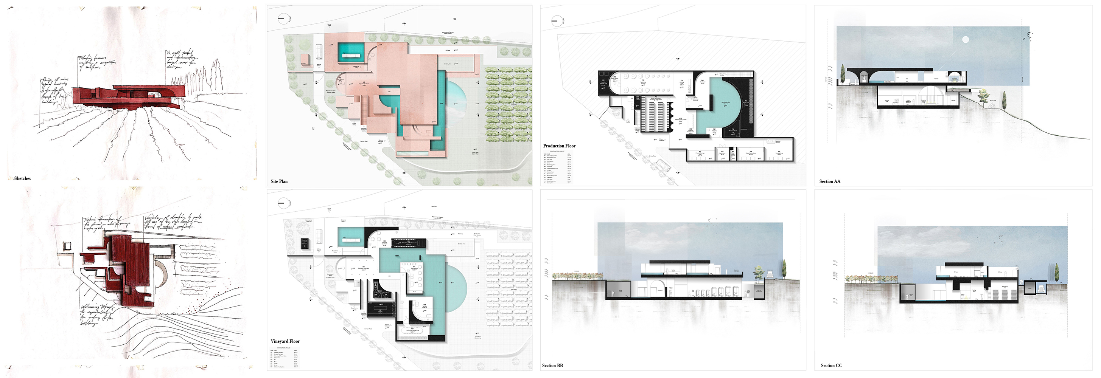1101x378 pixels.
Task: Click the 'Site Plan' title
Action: tap(279, 181)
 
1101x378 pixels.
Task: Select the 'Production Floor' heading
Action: tap(559, 146)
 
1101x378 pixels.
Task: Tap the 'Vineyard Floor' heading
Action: tap(285, 341)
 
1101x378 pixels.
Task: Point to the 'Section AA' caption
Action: tap(830, 181)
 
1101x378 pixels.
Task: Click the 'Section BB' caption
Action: tap(552, 366)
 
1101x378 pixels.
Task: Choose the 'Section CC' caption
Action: tap(831, 366)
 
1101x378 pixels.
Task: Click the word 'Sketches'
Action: tap(22, 178)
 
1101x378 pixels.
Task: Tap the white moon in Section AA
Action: tap(965, 40)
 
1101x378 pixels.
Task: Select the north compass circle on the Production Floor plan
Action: tap(557, 20)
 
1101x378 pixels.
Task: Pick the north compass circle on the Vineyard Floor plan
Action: tap(283, 203)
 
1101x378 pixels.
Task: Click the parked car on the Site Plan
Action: tap(319, 52)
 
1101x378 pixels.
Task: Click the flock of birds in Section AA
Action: tap(1026, 34)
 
